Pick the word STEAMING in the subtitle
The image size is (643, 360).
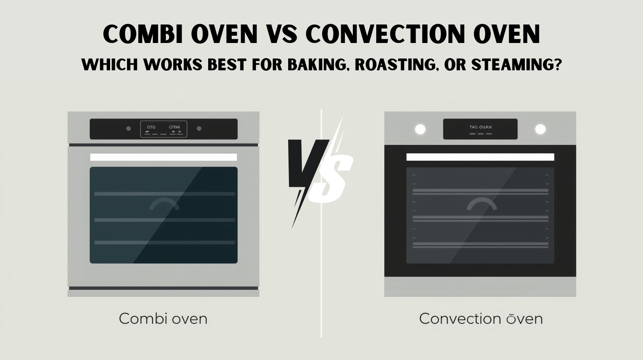[x=516, y=65]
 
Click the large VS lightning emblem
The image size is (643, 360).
[x=319, y=171]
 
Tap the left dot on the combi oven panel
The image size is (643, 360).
[x=129, y=129]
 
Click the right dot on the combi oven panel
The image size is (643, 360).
[x=199, y=129]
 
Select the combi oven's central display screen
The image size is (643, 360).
[x=164, y=129]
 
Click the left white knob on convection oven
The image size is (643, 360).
[x=420, y=129]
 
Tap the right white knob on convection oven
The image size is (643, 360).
[x=540, y=129]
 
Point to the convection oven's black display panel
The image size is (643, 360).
[x=480, y=129]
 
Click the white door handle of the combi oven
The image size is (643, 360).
[x=164, y=157]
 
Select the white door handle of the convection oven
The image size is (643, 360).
[x=480, y=157]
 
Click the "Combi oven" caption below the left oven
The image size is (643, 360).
[x=163, y=319]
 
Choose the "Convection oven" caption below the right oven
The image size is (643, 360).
[x=481, y=319]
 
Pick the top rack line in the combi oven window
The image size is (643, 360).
[x=164, y=194]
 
